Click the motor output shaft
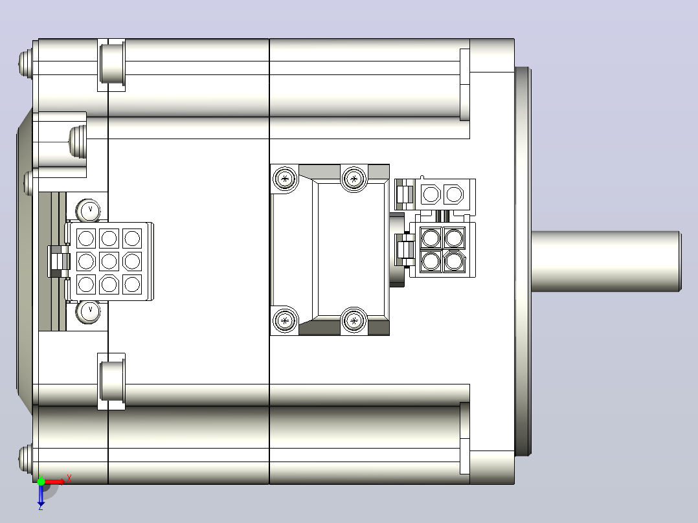[606, 261]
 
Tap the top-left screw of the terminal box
[285, 179]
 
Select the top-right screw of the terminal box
[354, 179]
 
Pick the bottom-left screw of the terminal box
[285, 320]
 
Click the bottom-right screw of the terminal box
[354, 320]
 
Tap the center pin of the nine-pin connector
[109, 261]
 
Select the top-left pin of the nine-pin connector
[86, 239]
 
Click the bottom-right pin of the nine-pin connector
[132, 284]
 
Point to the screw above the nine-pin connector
[89, 210]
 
